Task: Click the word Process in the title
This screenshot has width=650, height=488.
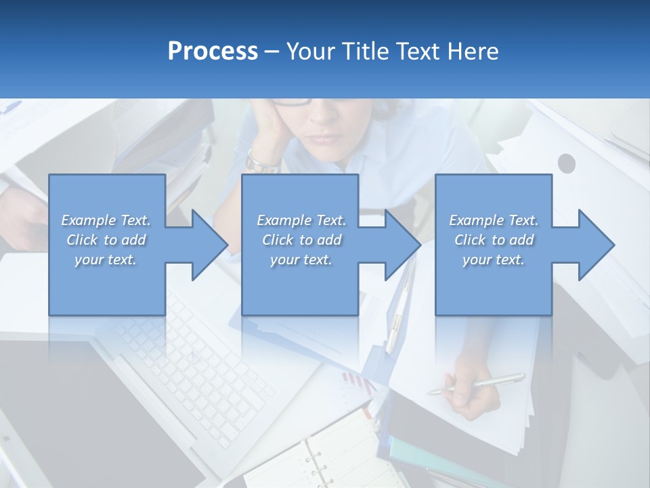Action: pos(213,52)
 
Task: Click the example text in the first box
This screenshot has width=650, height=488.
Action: pos(106,240)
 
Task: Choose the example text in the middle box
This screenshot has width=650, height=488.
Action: pos(301,240)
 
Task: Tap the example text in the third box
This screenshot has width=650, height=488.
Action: pos(493,240)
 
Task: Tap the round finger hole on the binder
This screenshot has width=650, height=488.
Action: pos(566,163)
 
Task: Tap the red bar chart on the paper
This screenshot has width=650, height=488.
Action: pos(357,384)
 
